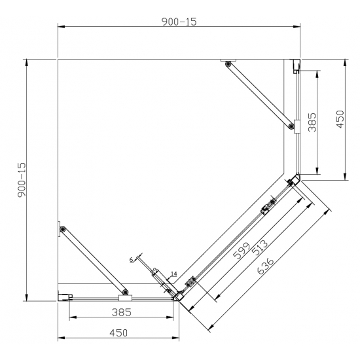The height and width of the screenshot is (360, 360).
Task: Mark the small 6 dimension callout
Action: [x=131, y=260]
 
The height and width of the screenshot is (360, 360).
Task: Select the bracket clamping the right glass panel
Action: [x=297, y=126]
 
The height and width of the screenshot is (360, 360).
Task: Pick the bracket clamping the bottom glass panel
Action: [x=126, y=297]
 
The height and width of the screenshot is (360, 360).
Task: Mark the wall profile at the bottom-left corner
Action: [x=64, y=297]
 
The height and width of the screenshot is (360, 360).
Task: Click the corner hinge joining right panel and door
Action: [x=293, y=180]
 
